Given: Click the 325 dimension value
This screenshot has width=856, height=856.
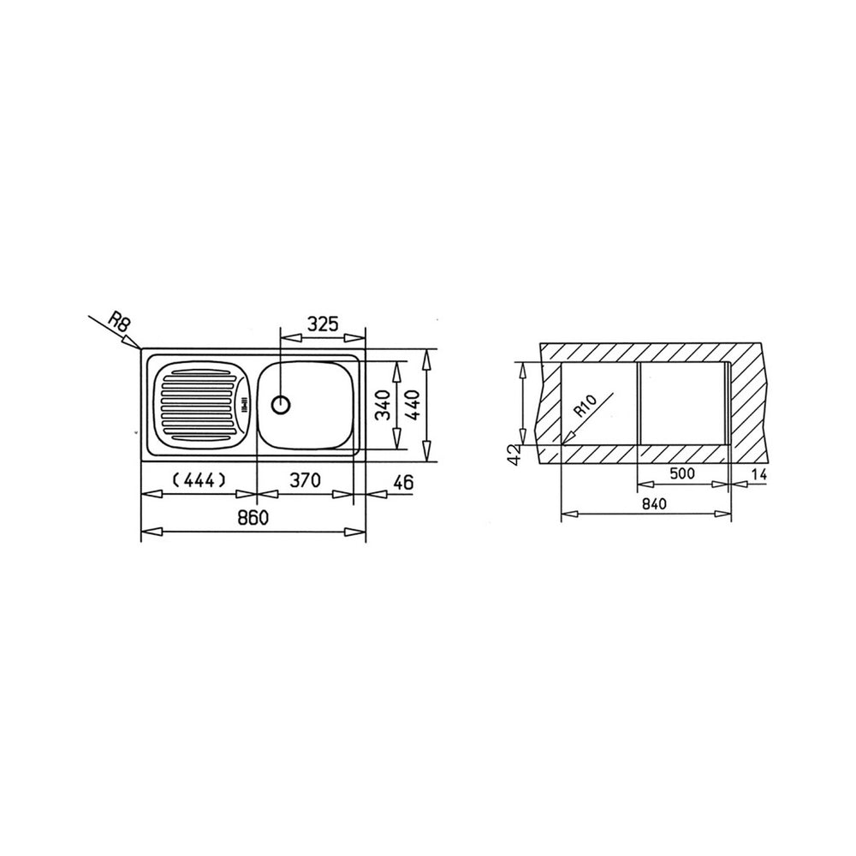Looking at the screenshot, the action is [x=324, y=324].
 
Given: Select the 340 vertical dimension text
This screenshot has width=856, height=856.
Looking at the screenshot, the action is [x=383, y=405].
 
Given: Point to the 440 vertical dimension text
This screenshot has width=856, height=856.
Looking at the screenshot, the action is [x=413, y=405].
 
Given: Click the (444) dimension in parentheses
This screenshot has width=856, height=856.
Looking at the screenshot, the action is [x=199, y=480].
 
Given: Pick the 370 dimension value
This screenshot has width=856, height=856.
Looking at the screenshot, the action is [x=305, y=480].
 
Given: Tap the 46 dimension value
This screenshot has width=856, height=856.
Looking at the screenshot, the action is [x=403, y=482].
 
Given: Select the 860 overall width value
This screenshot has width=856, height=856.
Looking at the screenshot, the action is [x=253, y=517].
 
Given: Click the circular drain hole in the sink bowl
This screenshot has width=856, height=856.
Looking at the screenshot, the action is [x=281, y=405].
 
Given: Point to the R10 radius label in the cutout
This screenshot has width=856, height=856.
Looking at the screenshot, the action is [x=586, y=406].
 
